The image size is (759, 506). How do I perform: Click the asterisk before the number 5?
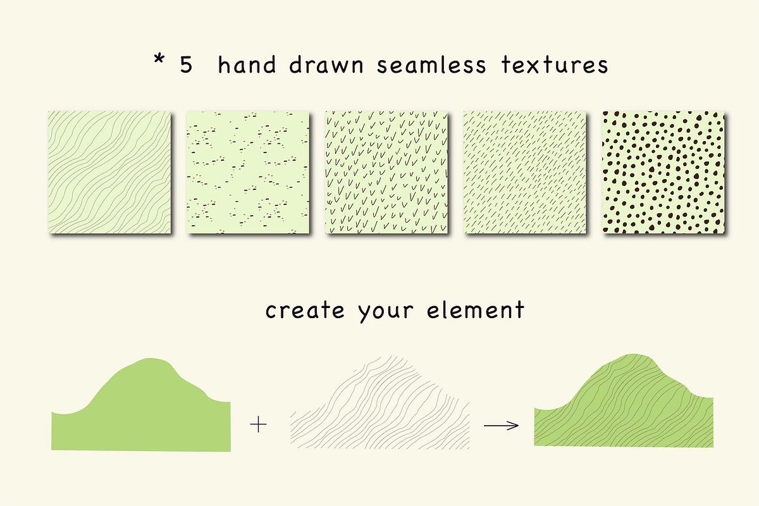(159, 59)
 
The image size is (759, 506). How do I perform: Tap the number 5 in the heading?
(186, 65)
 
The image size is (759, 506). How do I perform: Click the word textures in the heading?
(555, 65)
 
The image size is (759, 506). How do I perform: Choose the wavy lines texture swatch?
(109, 172)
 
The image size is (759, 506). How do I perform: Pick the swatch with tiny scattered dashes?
(248, 172)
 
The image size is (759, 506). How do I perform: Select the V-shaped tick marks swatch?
(386, 172)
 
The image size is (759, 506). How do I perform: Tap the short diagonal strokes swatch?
(525, 172)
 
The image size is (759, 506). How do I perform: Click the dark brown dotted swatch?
(663, 172)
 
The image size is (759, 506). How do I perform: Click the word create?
(305, 310)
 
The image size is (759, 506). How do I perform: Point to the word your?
(386, 312)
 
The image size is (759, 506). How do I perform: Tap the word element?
(476, 309)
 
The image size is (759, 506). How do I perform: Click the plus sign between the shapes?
(258, 424)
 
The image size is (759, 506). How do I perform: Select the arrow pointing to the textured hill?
(501, 425)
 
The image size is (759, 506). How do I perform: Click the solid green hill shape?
(141, 410)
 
